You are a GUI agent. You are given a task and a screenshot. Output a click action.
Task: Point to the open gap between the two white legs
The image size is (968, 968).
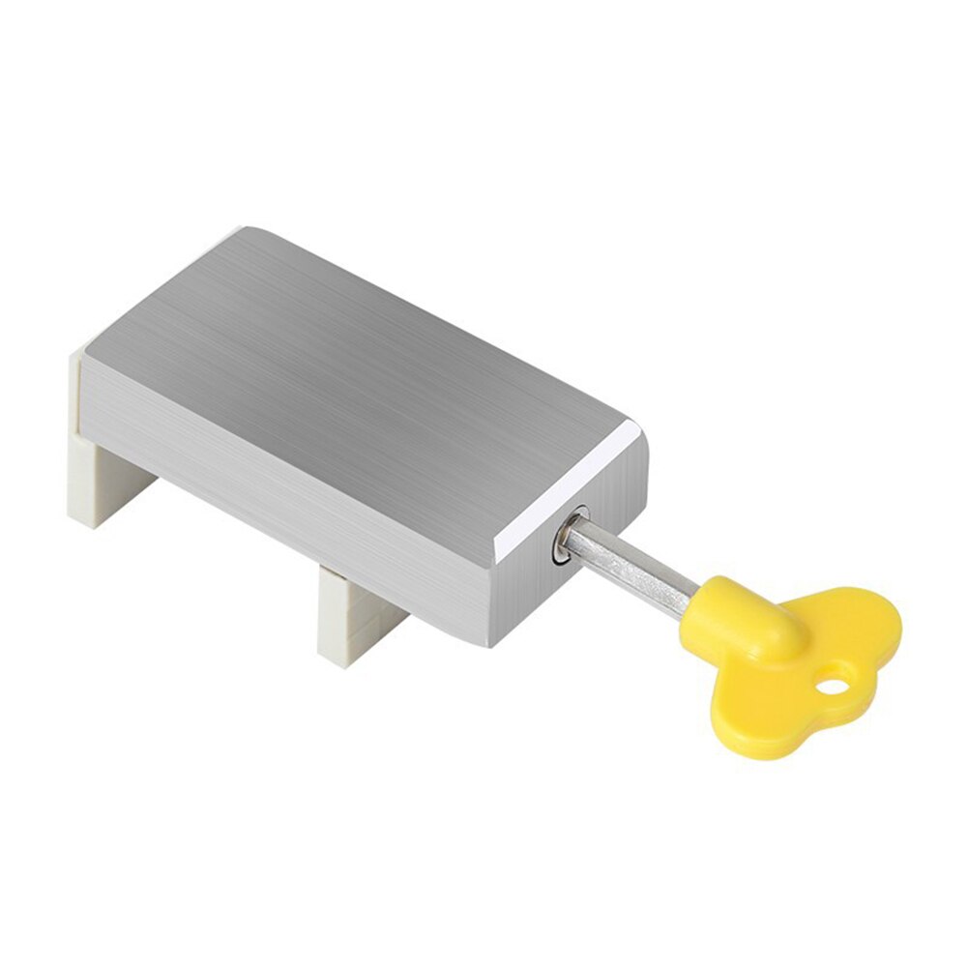pyautogui.click(x=232, y=542)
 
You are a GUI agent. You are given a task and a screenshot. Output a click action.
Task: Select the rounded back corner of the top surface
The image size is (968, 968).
pyautogui.click(x=247, y=235)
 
